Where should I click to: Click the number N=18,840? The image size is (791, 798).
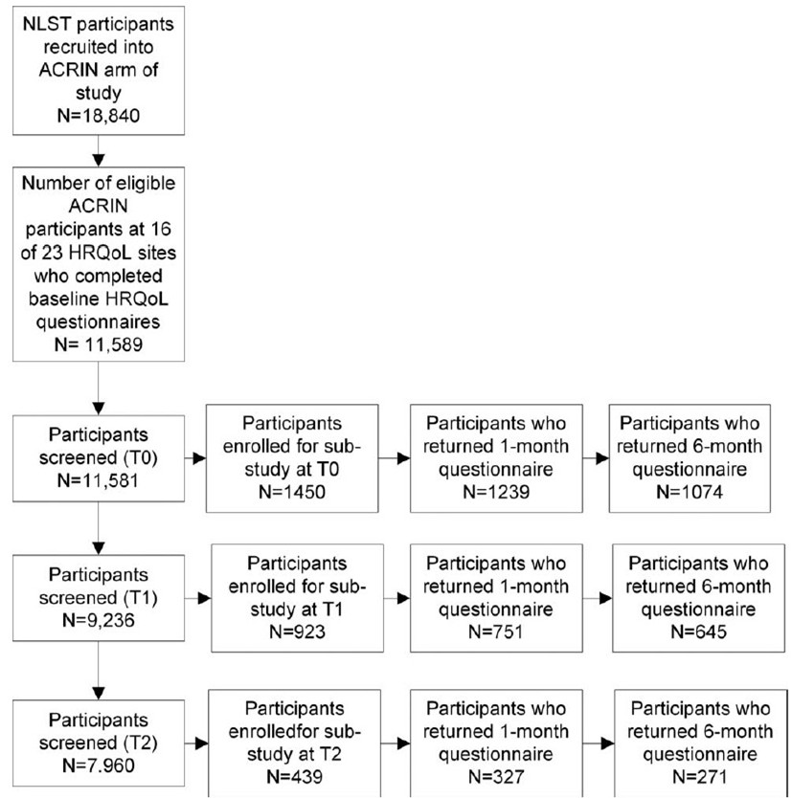[x=99, y=116]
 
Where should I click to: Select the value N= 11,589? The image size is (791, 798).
[x=99, y=344]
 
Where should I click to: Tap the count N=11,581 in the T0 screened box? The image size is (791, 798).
[x=98, y=480]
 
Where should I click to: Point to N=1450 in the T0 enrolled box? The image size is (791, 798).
[x=292, y=492]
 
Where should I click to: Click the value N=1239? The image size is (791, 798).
[x=496, y=492]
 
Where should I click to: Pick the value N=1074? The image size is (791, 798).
[x=689, y=492]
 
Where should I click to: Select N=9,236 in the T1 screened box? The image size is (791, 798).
[x=99, y=620]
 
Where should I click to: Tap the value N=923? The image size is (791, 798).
[x=298, y=632]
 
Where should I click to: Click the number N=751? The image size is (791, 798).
[x=496, y=632]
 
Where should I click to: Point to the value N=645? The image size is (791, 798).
[x=699, y=632]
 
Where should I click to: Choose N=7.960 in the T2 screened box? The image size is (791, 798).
[x=99, y=765]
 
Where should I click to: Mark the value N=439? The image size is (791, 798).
[x=294, y=777]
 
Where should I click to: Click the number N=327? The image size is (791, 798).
[x=496, y=777]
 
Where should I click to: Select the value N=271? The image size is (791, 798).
[x=700, y=777]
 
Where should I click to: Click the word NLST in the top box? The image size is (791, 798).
[x=42, y=24]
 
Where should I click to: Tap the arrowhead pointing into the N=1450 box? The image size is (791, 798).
[x=199, y=458]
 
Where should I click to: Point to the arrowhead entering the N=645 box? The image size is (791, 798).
[x=605, y=599]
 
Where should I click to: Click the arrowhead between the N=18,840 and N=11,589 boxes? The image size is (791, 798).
[x=99, y=161]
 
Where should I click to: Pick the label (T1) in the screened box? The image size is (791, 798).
[x=141, y=597]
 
